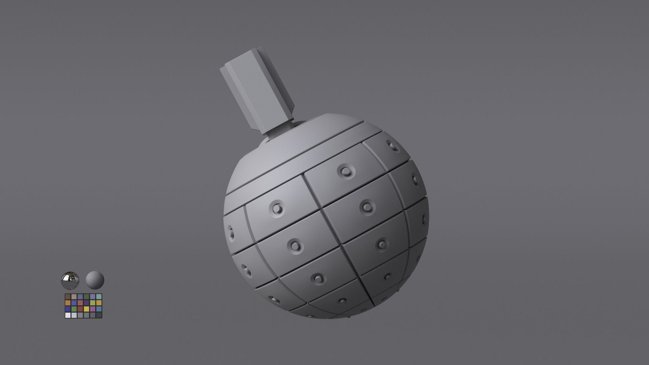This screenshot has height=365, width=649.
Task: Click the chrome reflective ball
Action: coord(70,280)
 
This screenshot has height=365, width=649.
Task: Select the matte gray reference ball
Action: coord(95,280)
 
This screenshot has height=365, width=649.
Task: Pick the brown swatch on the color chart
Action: coord(68,297)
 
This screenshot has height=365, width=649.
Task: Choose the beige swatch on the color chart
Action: coord(74,297)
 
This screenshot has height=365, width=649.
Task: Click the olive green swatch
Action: coord(87,297)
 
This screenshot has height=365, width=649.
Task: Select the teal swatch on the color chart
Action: coord(99,297)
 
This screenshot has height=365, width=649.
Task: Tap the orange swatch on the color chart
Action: coord(68,303)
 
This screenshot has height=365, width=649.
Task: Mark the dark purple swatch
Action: coord(87,303)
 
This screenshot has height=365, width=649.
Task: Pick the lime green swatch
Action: coord(93,303)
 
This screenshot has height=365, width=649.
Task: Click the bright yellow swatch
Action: coord(87,309)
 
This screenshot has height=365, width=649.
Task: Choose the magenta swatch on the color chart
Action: coord(93,309)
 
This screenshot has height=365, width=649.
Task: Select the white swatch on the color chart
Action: coord(68,315)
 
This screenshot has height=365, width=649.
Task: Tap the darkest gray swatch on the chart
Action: coord(99,315)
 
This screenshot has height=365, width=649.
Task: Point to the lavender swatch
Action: coord(93,297)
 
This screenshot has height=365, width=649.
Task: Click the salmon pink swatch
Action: coord(80,303)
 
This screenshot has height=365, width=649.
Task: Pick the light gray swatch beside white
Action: coord(74,315)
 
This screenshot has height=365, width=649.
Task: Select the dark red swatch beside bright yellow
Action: coord(80,309)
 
